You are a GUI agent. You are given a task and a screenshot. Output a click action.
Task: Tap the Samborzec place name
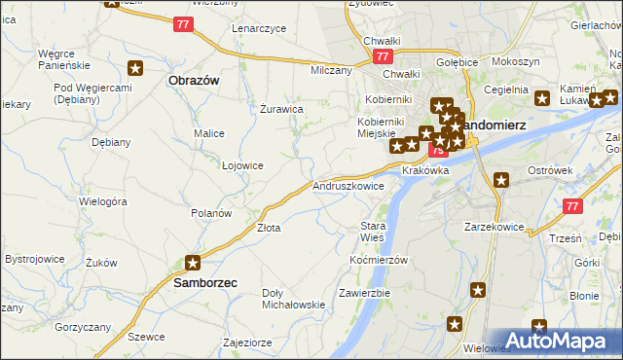pos(205,282)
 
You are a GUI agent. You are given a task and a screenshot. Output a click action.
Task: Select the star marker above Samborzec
pos(193,262)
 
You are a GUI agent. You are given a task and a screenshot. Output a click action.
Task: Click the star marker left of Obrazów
pos(135,68)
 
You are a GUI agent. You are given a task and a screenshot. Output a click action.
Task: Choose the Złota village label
pos(269,228)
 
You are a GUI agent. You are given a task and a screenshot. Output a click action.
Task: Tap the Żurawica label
pos(282,109)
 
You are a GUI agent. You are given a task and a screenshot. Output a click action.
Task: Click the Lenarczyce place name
pos(259,28)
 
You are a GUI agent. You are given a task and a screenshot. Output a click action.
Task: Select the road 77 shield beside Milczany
pos(383,58)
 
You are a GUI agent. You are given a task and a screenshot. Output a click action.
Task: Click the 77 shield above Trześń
pos(573,206)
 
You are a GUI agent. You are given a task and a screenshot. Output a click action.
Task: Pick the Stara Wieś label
pos(373,231)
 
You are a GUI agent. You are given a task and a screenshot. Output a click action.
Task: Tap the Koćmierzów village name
pos(378,260)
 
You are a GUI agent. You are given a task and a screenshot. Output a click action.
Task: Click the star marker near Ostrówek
pos(501,179)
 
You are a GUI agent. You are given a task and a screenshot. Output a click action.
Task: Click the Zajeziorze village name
pos(246,342)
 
